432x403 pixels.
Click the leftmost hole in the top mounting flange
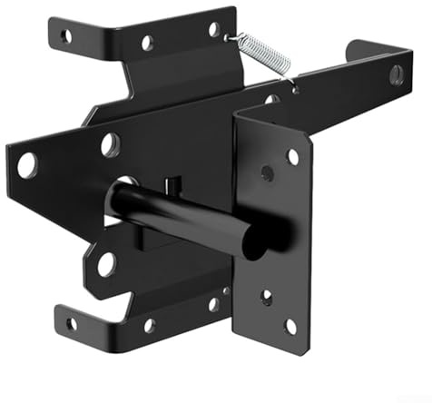click(65, 36)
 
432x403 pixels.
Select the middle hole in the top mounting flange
click(146, 43)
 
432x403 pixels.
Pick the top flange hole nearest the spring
click(214, 29)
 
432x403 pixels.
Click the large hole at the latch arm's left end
click(27, 165)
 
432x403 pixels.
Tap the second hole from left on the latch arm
click(110, 144)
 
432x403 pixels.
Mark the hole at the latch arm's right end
click(397, 74)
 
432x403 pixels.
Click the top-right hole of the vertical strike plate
click(292, 156)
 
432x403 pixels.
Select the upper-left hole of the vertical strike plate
click(267, 172)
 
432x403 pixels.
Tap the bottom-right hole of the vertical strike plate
click(290, 325)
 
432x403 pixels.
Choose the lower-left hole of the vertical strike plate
click(266, 296)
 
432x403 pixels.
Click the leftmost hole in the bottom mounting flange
click(71, 323)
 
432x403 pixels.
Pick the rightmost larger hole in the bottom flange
click(214, 305)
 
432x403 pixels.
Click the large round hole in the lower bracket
click(106, 264)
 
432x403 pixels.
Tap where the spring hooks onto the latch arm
click(292, 84)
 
